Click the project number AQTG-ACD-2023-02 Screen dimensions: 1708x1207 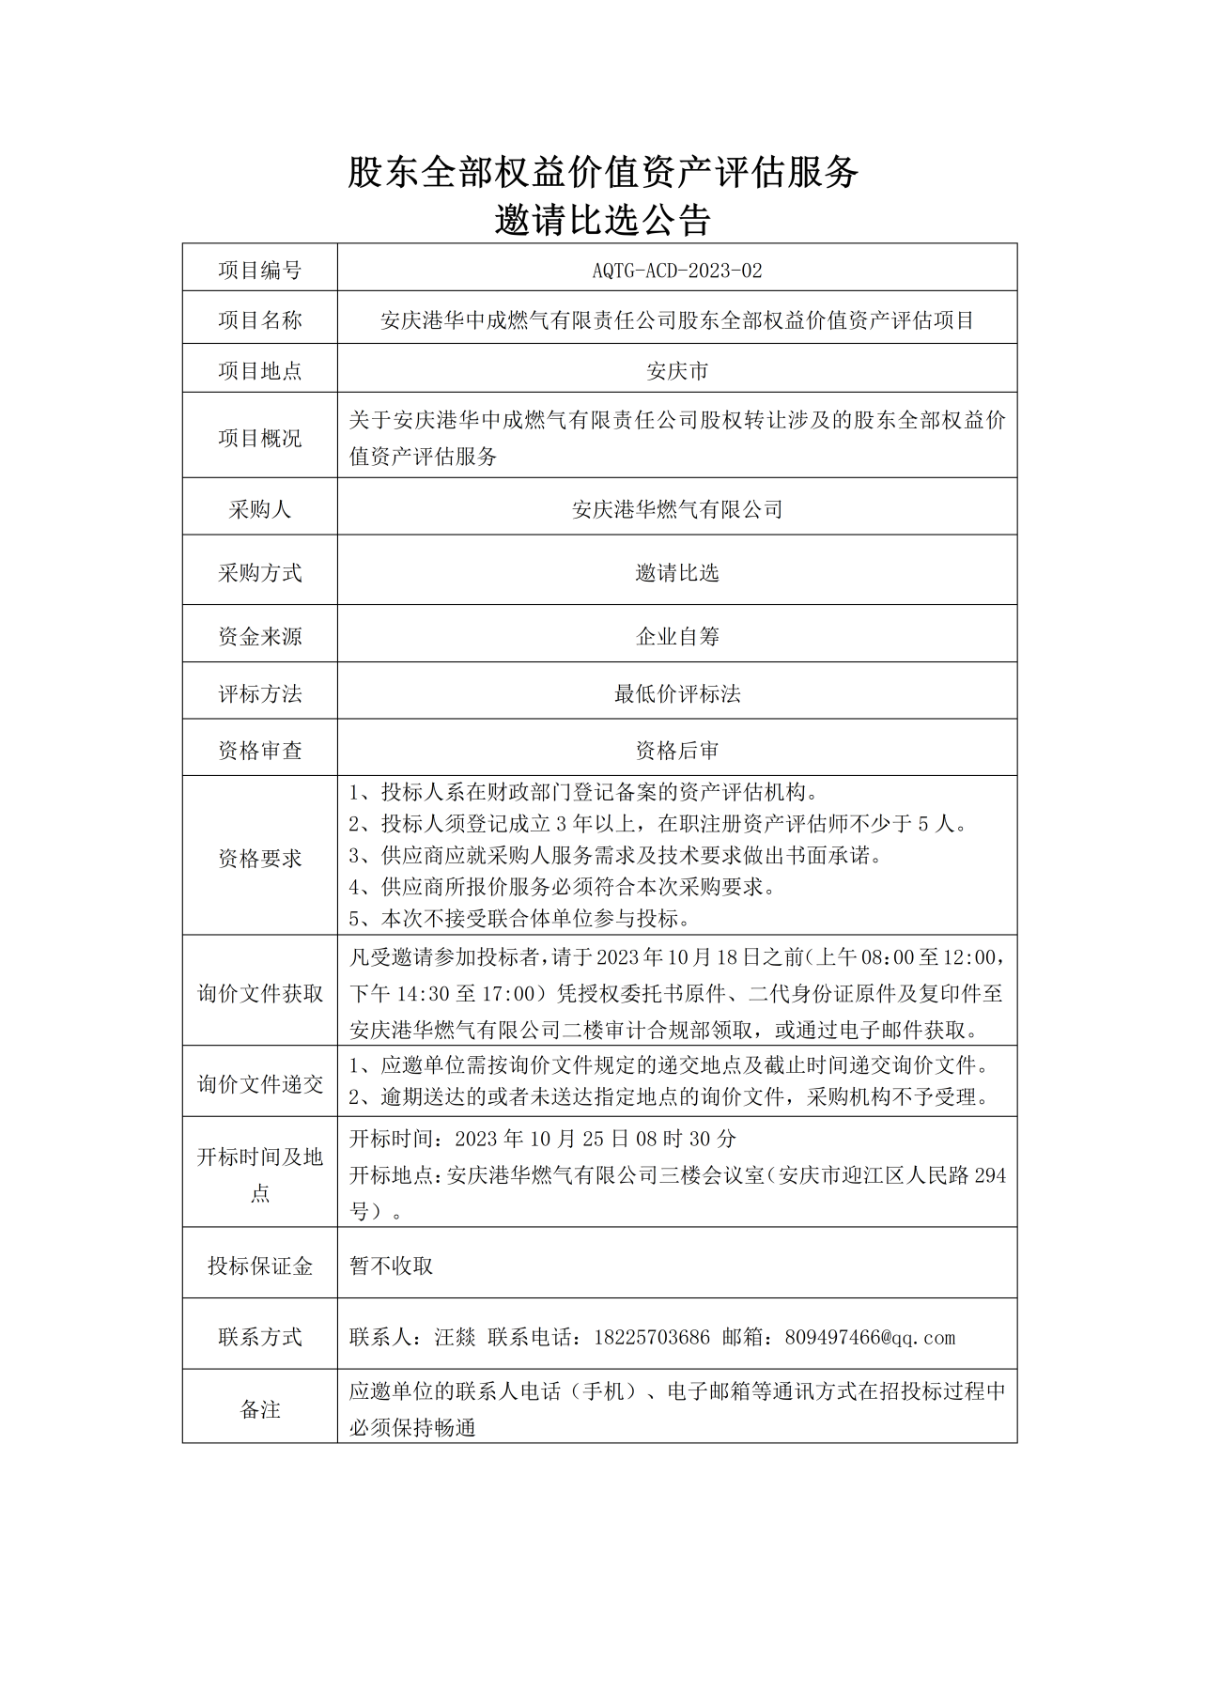[676, 271]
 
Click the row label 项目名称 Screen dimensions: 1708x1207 [259, 320]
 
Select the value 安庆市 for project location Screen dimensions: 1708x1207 [676, 371]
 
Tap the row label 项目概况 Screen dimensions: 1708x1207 [259, 438]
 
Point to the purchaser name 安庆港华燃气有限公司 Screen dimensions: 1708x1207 [676, 509]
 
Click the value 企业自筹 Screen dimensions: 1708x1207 [676, 636]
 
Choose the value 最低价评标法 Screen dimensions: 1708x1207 [676, 693]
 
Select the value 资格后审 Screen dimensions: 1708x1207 [676, 750]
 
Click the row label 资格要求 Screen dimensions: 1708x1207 [259, 858]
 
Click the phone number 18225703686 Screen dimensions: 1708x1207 [651, 1337]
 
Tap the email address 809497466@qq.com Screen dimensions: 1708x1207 [869, 1337]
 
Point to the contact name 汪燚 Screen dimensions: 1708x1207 [455, 1337]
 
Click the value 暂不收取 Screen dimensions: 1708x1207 [391, 1265]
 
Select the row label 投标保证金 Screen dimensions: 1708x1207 [259, 1265]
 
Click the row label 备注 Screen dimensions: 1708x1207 [259, 1409]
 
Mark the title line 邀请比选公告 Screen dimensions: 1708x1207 [602, 221]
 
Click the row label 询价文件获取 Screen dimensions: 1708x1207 [259, 993]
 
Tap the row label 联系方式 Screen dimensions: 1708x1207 [259, 1337]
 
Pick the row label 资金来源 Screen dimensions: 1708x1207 [259, 636]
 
